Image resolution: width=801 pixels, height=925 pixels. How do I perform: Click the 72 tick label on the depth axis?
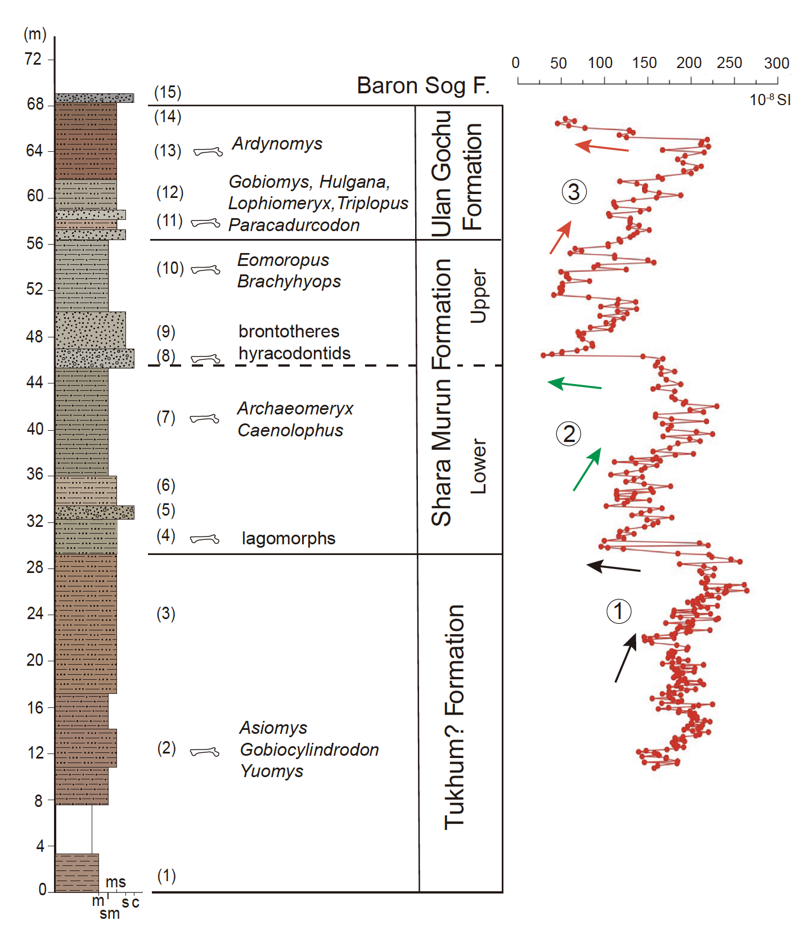[33, 59]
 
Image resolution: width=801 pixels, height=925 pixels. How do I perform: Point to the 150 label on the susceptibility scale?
[644, 63]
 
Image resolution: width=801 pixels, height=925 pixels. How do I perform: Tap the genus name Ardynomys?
[277, 144]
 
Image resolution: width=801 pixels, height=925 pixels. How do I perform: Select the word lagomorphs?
[288, 539]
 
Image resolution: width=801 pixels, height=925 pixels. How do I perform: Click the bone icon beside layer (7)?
[204, 418]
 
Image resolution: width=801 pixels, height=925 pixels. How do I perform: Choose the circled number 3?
[574, 192]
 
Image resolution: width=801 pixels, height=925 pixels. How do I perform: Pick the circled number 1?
[619, 611]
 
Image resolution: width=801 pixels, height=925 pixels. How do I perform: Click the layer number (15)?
[168, 92]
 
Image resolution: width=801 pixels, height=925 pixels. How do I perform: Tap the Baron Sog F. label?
[423, 86]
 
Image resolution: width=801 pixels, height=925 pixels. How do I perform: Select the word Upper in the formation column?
[478, 296]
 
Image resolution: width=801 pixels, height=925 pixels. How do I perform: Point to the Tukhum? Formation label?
[454, 717]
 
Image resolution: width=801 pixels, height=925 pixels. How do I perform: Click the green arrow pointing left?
[574, 385]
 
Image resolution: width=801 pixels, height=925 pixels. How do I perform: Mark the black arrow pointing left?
[613, 567]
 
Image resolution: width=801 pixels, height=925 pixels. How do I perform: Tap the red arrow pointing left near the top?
[601, 147]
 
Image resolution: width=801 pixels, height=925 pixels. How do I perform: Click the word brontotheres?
[289, 332]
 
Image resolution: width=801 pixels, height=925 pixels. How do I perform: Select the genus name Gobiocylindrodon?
[309, 750]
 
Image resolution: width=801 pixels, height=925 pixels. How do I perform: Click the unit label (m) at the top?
[35, 34]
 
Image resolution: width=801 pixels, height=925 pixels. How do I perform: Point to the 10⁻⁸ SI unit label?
[769, 100]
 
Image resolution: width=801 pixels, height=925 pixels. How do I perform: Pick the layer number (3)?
[166, 613]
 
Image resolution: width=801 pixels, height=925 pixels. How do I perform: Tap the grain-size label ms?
[115, 882]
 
